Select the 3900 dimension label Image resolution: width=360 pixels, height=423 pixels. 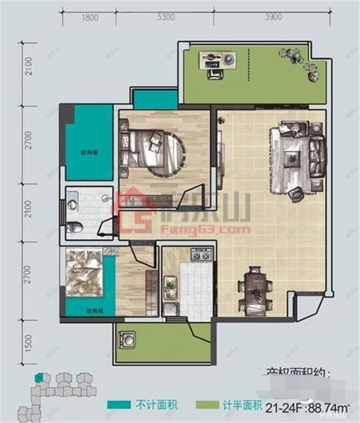coord(274,18)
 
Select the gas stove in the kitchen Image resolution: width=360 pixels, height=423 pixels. coord(201,256)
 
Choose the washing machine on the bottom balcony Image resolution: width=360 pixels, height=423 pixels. coord(127,339)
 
